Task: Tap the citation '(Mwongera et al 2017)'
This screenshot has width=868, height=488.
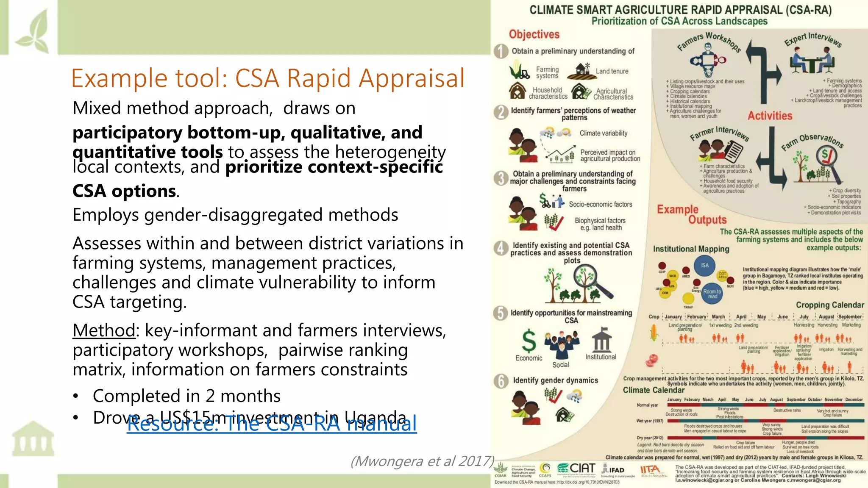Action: pos(423,461)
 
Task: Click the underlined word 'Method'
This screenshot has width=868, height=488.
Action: pos(104,330)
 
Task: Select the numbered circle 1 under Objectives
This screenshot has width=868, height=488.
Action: pos(501,51)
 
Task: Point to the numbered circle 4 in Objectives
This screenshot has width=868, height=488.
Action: pos(501,248)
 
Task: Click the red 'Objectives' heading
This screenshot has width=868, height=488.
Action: pos(534,34)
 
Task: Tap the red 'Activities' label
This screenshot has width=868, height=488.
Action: pos(770,116)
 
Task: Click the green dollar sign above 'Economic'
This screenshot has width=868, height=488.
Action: pos(529,341)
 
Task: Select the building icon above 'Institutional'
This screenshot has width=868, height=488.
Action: pos(602,340)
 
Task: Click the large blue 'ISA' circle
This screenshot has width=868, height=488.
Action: pos(704,266)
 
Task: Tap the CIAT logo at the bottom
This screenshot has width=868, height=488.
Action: pos(576,468)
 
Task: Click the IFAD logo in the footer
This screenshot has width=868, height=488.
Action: pos(613,470)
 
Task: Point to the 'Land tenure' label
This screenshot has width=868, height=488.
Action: pos(612,71)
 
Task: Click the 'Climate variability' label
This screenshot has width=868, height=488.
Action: pos(604,133)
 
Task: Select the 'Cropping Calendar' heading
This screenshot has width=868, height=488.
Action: pos(829,305)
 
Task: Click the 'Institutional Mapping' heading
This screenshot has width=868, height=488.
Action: pos(691,249)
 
